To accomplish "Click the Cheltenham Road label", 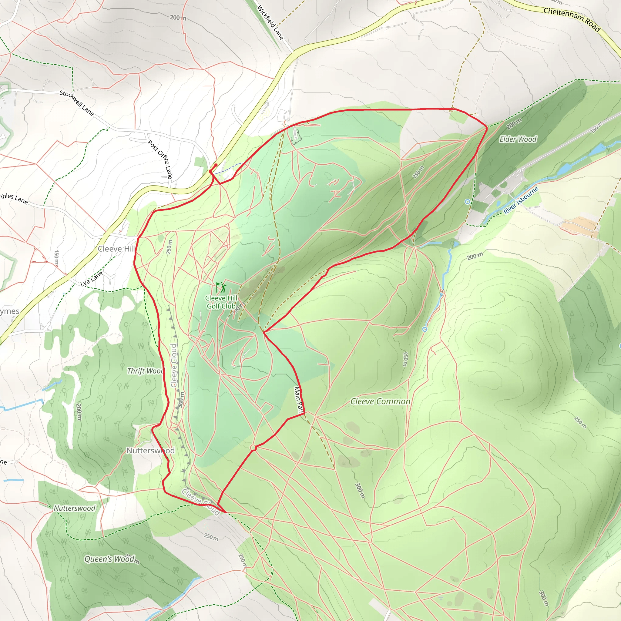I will [x=572, y=19].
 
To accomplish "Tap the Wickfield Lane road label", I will [x=270, y=22].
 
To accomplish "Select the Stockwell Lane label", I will [x=77, y=103].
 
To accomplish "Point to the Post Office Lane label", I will [x=160, y=159].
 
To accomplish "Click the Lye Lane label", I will [x=91, y=279].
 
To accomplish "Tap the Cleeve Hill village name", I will [x=116, y=249].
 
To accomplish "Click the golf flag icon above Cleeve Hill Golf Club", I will [x=221, y=287].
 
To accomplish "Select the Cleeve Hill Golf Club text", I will [x=221, y=302].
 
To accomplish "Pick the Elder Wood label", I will [x=518, y=139].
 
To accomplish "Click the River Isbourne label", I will [x=521, y=200].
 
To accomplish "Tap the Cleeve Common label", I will [x=380, y=401].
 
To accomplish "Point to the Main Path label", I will [x=299, y=400].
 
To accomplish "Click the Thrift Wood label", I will [x=145, y=371].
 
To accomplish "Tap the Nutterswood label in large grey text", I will [x=150, y=451].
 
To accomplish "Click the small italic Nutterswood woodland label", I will [x=74, y=508].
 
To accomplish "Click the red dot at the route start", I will [x=216, y=165].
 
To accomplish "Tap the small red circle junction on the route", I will [x=253, y=448].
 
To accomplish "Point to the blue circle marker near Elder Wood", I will [x=467, y=202].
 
